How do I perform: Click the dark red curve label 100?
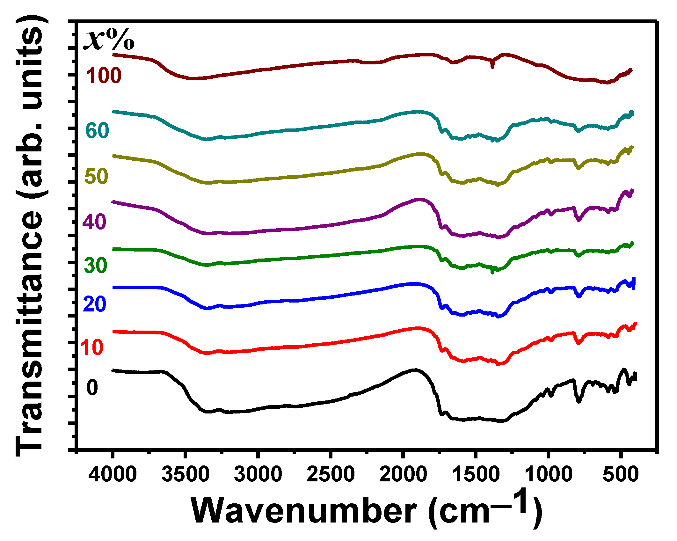point(104,76)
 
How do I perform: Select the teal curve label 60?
point(97,130)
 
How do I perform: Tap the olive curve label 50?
point(97,176)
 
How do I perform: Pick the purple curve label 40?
point(94,222)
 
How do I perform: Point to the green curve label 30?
point(96,265)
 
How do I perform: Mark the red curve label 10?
point(92,347)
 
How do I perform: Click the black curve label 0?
point(92,388)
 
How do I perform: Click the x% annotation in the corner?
point(108,40)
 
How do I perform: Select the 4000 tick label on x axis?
point(113,474)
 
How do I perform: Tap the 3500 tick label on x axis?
point(185,474)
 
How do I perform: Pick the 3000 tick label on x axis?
point(258,474)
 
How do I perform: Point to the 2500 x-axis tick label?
point(331,474)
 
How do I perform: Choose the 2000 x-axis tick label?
point(403,474)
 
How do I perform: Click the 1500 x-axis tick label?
point(476,474)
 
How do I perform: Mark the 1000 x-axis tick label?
point(548,474)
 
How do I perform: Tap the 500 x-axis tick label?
point(621,474)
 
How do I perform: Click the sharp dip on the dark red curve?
point(492,65)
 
